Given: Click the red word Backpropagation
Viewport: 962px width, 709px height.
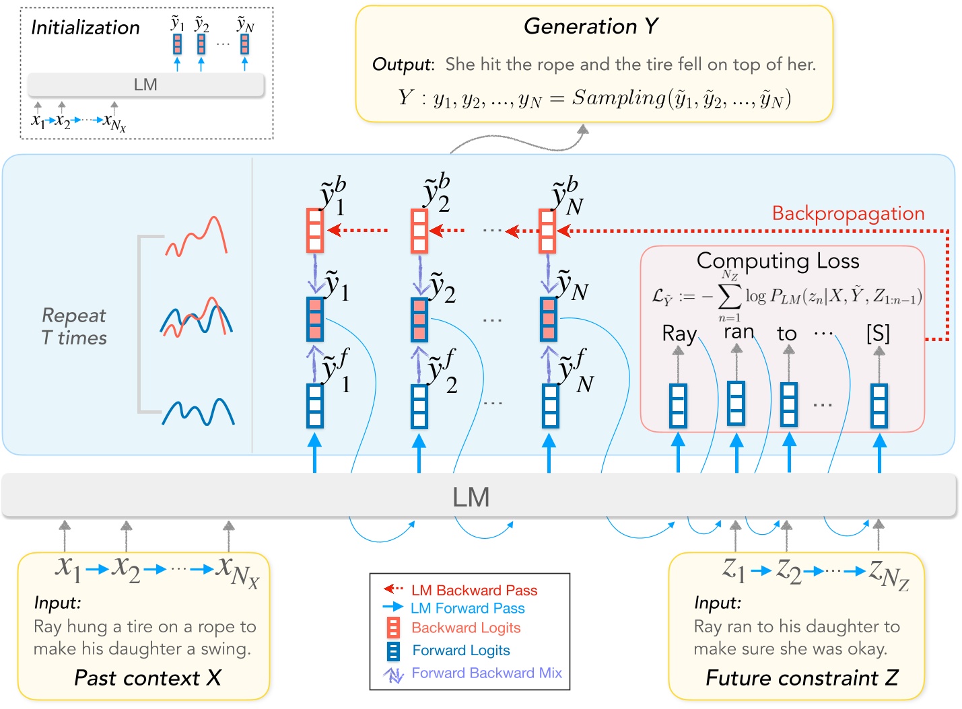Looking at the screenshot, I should click(848, 213).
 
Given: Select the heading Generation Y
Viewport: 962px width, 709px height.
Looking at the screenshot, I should click(590, 26).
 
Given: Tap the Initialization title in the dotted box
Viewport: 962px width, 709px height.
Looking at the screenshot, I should click(85, 28).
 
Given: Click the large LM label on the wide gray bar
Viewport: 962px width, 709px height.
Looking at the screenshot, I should click(471, 497).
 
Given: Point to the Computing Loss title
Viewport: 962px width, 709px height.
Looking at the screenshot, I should click(778, 260).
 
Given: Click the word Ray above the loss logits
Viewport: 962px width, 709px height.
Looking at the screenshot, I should click(679, 333).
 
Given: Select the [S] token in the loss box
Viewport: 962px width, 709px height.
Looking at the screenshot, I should click(878, 333).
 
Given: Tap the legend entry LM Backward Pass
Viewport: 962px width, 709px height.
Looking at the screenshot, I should click(474, 591).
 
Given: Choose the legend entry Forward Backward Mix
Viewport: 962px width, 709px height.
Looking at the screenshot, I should click(486, 673).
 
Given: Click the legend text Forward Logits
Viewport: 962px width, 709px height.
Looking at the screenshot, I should click(461, 650).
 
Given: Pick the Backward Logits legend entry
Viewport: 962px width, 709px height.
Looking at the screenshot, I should click(466, 628).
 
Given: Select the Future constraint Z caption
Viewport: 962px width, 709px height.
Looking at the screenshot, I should click(801, 677).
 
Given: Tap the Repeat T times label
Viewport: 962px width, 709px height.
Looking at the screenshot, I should click(74, 326).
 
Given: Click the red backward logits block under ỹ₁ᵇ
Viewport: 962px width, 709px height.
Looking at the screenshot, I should click(315, 230).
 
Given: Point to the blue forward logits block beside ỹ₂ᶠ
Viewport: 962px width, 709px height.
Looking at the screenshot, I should click(419, 406).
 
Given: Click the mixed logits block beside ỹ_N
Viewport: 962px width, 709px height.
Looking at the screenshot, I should click(549, 319).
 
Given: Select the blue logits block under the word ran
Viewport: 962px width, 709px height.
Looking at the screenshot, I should click(736, 403).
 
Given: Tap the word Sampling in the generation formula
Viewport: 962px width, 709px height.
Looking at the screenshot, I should click(619, 98).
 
